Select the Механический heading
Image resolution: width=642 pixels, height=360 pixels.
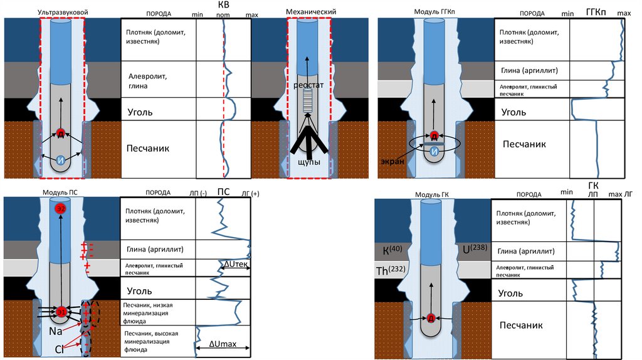coord(311,12)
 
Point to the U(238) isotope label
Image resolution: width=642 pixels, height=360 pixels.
coord(475,250)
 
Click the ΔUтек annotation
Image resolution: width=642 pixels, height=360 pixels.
coord(236,266)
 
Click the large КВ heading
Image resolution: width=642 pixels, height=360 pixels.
coord(223,5)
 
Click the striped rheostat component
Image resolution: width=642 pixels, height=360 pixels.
coord(307,100)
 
